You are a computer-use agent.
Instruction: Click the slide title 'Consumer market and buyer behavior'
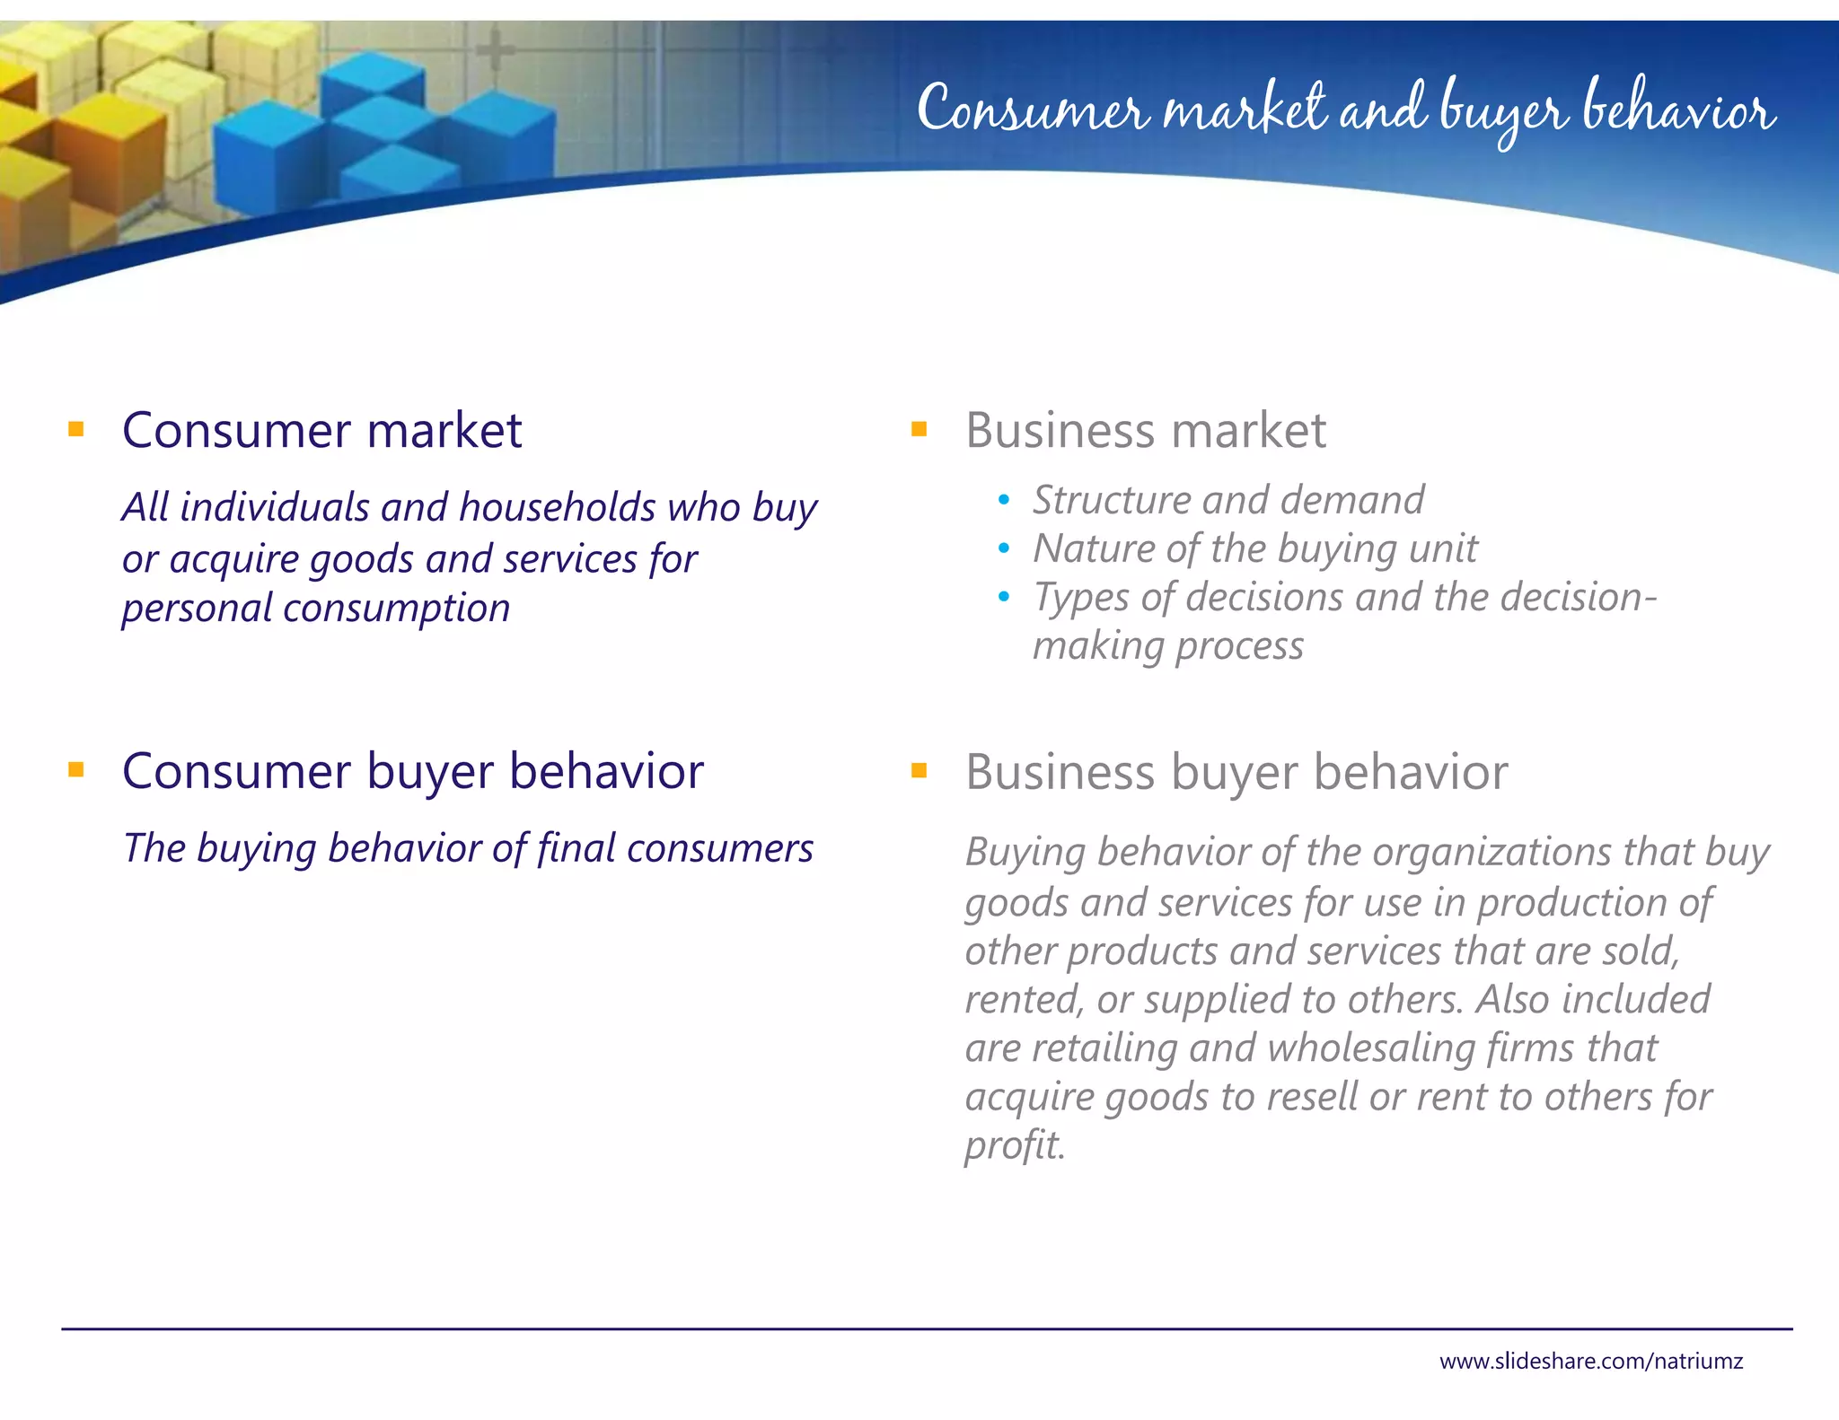coord(1345,111)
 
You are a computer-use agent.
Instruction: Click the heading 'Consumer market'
coord(321,430)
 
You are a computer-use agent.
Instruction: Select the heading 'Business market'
coord(1145,430)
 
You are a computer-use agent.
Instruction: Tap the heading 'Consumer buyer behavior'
coord(412,771)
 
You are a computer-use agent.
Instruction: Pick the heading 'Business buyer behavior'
coord(1236,772)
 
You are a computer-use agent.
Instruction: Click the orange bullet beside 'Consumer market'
coord(76,429)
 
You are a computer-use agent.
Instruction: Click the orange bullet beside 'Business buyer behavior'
coord(919,770)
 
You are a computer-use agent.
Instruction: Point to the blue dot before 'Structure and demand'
coord(1004,500)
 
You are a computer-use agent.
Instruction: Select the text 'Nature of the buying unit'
coord(1254,548)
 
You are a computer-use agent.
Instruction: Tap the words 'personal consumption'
coord(316,609)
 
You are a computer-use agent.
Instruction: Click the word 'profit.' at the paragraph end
coord(1015,1145)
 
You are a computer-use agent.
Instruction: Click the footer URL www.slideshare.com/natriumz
coord(1590,1361)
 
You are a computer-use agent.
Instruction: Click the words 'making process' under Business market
coord(1167,646)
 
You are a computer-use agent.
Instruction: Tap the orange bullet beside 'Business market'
coord(919,429)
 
